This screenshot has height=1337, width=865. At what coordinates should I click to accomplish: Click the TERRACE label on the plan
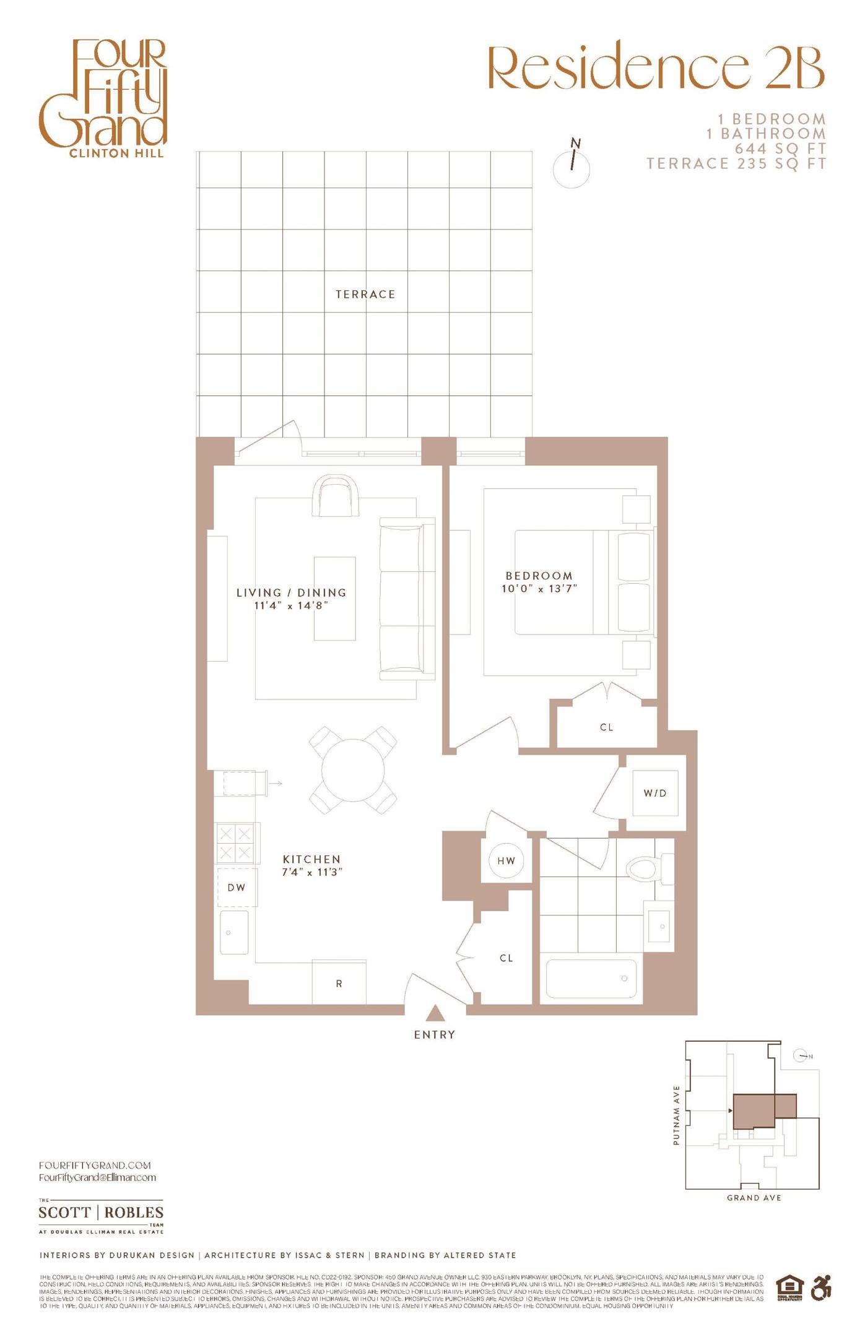point(365,295)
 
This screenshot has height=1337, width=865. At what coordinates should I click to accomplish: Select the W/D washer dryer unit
point(655,793)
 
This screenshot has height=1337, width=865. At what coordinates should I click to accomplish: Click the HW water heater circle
point(506,860)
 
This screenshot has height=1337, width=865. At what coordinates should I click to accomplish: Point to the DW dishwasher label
point(237,888)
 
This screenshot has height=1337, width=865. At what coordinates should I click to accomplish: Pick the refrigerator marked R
point(339,983)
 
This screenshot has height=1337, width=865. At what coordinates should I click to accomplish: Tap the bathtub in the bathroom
point(591,979)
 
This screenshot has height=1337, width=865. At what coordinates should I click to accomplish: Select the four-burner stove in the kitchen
point(235,843)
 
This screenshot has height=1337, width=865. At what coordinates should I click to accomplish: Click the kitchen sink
point(234,932)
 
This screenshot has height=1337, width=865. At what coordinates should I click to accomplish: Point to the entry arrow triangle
point(435,1013)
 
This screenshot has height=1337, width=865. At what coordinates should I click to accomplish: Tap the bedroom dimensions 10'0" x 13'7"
point(539,589)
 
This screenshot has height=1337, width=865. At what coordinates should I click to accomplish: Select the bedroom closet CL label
point(607,727)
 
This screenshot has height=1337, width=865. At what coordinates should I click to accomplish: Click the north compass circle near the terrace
point(572,169)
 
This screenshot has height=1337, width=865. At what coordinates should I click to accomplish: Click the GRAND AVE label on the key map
point(754,1198)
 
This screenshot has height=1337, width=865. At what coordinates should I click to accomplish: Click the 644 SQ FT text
point(780,149)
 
